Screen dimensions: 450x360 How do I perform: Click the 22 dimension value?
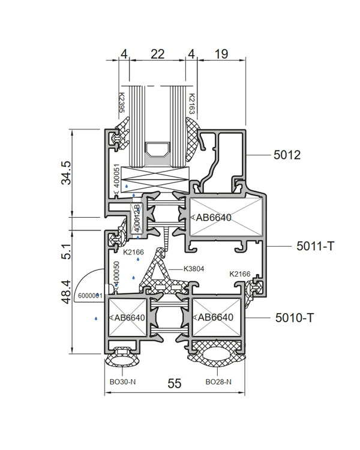pyautogui.click(x=157, y=54)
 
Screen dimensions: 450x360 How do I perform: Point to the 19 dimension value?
pyautogui.click(x=221, y=54)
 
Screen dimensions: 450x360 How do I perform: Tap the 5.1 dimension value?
pyautogui.click(x=66, y=251)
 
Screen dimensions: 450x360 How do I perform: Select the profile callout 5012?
pyautogui.click(x=287, y=155)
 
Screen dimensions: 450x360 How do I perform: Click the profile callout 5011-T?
pyautogui.click(x=314, y=246)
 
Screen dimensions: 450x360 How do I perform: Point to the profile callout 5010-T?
pyautogui.click(x=294, y=317)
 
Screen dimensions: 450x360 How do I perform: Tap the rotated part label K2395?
pyautogui.click(x=121, y=103)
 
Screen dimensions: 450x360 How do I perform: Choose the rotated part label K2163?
pyautogui.click(x=191, y=104)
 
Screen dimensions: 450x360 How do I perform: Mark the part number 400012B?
pyautogui.click(x=137, y=218)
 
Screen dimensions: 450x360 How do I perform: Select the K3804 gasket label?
pyautogui.click(x=194, y=269)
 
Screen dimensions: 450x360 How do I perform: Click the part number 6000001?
pyautogui.click(x=90, y=296)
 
